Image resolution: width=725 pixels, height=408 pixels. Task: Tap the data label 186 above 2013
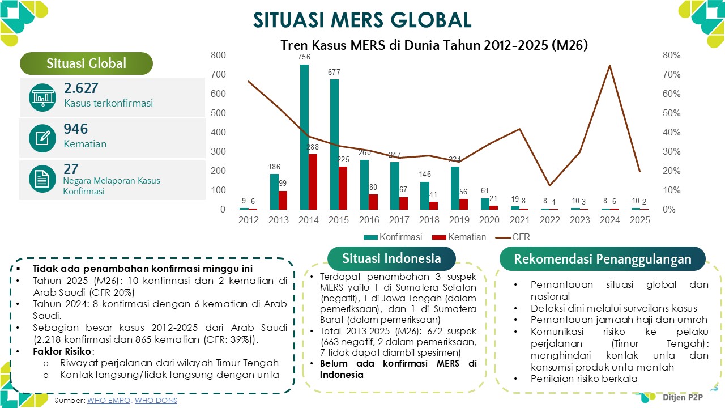tap(274, 167)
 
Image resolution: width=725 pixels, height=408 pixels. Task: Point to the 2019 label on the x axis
tap(459, 220)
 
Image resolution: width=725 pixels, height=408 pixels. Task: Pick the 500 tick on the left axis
tap(218, 113)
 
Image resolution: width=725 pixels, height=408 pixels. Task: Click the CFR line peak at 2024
tap(609, 66)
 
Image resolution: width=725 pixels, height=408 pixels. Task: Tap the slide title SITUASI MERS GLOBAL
tap(362, 20)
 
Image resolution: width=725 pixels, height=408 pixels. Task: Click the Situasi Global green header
tap(87, 63)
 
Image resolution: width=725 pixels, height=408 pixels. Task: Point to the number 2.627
tap(81, 88)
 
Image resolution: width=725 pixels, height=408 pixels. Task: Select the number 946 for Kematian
tap(76, 129)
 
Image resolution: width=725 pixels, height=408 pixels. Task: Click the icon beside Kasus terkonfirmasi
tap(42, 97)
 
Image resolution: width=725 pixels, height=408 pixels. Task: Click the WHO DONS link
tap(156, 401)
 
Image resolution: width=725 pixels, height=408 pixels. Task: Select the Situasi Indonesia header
tap(391, 259)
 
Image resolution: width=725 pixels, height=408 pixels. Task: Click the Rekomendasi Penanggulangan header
tap(603, 259)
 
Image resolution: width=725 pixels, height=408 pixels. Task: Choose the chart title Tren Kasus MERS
tap(434, 45)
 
